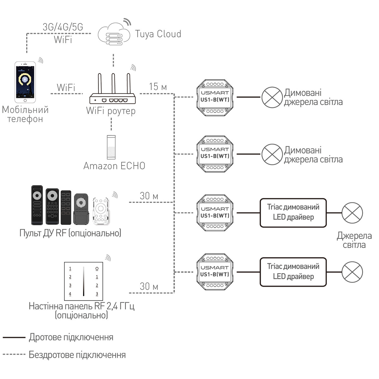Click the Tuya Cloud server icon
tap(114, 34)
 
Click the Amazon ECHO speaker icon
tap(111, 147)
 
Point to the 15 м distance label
tap(158, 87)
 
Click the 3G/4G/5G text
tap(63, 27)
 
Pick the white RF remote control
tap(101, 211)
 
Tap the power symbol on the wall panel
tap(97, 269)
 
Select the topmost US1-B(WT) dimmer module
tap(215, 98)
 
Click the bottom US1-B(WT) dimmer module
tap(215, 272)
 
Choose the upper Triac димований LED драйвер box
tap(293, 213)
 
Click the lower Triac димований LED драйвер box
tap(293, 272)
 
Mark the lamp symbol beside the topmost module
tap(272, 98)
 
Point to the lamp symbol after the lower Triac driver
tap(352, 272)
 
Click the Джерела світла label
tap(354, 240)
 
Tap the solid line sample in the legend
tap(14, 337)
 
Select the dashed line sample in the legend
tap(14, 354)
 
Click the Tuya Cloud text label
tap(158, 34)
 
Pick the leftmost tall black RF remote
tap(37, 205)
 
